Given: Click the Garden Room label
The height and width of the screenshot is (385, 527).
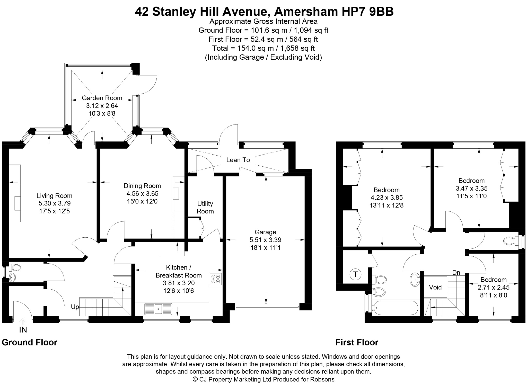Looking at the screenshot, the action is [x=102, y=98].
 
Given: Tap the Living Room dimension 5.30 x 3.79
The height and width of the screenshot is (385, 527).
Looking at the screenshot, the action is [x=55, y=203].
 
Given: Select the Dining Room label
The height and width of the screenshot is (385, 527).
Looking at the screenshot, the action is [x=142, y=186].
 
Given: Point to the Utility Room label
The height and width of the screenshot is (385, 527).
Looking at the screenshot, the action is [x=205, y=208].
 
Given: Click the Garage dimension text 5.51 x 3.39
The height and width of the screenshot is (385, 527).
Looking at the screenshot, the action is [x=265, y=240].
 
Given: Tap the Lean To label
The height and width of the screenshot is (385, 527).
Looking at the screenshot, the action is [x=238, y=160].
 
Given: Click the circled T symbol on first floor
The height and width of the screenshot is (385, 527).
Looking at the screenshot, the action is [x=356, y=274].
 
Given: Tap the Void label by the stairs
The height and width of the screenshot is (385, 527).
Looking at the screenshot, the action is [x=435, y=287].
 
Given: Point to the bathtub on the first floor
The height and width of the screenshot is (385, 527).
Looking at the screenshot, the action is [x=395, y=308].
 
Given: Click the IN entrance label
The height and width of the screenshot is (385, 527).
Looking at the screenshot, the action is [x=23, y=330].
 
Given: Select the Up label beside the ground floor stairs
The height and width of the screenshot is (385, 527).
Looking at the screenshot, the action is [x=75, y=307].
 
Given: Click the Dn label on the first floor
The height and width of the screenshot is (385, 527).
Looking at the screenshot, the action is [x=456, y=273].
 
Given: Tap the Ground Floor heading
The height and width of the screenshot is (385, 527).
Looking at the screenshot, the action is [x=30, y=343].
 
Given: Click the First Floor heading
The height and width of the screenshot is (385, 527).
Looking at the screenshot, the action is [x=357, y=343].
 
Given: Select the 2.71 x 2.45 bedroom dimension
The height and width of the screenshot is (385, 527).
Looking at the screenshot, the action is [x=494, y=288].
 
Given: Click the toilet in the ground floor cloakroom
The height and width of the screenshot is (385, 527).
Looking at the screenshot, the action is [x=15, y=267].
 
